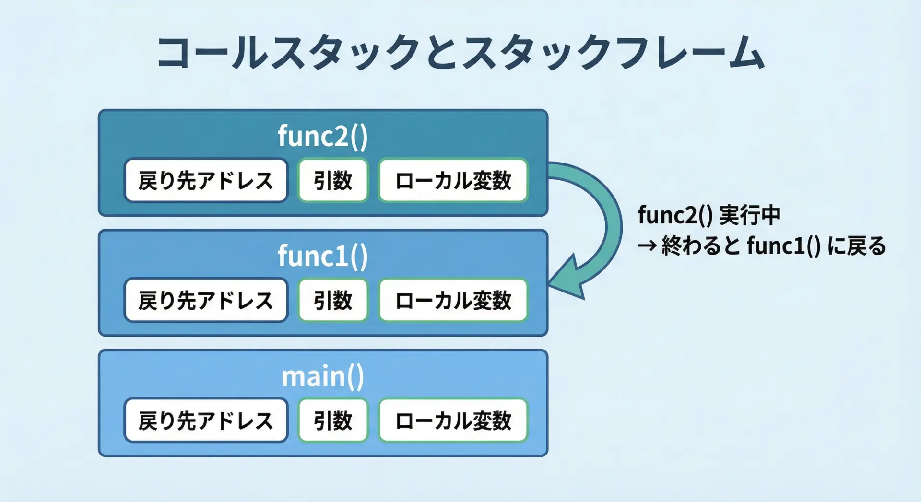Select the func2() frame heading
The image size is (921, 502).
[323, 136]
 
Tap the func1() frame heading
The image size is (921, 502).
[323, 256]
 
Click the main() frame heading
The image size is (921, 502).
[323, 376]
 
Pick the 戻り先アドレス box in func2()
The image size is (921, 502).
[206, 180]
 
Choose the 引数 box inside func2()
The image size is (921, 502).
[333, 180]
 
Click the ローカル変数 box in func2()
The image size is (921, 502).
[453, 180]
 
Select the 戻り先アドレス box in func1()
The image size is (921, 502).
[206, 300]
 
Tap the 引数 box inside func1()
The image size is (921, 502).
[333, 300]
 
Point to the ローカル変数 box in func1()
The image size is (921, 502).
[453, 300]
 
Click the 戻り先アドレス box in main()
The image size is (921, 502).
[206, 420]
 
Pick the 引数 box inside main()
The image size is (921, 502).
[333, 420]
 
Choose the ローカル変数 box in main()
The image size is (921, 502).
[453, 420]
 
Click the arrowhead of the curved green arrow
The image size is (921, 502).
[568, 279]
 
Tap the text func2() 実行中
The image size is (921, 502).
[709, 215]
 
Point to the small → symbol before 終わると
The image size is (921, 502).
[647, 246]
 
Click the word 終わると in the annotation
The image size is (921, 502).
[701, 246]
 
